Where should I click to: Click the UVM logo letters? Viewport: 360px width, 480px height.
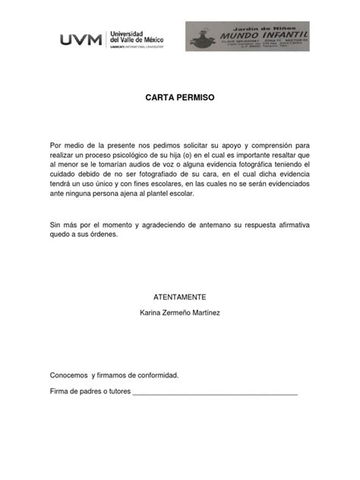[82, 40]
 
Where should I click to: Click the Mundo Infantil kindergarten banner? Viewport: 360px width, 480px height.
[247, 36]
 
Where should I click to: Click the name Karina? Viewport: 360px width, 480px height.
[151, 313]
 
